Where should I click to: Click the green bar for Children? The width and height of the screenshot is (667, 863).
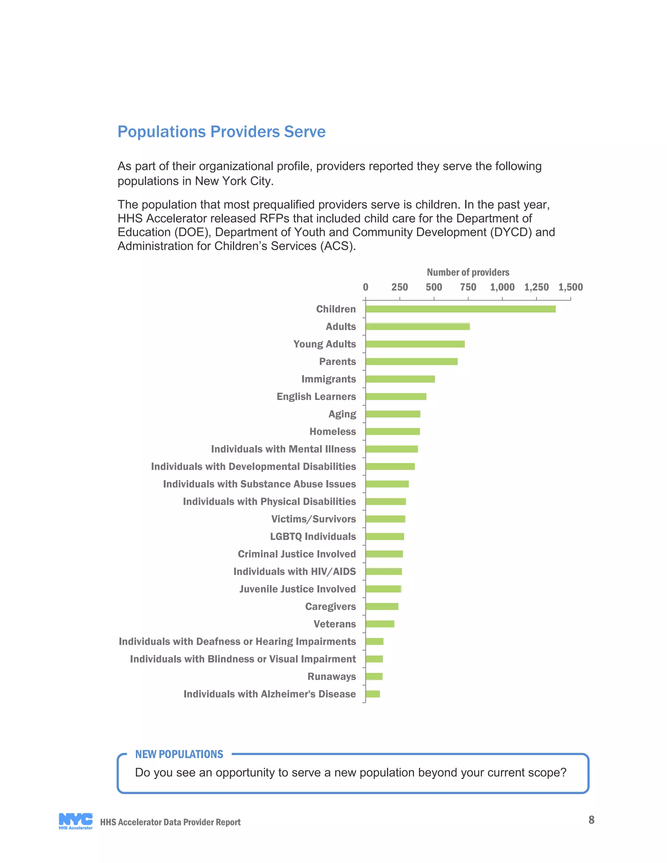point(460,309)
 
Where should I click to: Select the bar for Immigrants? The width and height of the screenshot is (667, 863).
point(400,379)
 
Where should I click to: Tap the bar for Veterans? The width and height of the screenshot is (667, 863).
point(380,624)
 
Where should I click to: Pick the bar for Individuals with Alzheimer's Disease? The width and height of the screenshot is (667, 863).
point(373,694)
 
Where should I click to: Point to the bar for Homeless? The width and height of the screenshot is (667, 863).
point(392,431)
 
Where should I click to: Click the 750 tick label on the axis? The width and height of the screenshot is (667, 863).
point(468,287)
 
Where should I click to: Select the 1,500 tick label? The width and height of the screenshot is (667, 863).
point(570,287)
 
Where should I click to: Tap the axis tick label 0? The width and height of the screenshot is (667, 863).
point(365,287)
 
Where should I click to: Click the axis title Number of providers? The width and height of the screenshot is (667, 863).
point(468,272)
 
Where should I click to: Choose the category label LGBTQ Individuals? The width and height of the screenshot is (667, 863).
point(313,536)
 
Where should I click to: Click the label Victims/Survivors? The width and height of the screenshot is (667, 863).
point(313,519)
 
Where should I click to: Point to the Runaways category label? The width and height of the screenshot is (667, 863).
point(331,676)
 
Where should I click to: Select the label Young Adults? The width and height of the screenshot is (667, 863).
point(324,344)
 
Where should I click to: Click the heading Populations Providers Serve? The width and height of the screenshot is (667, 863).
point(221,132)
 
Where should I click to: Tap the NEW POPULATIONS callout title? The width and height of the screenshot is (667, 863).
point(179,754)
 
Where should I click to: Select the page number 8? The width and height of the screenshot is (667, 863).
point(591,820)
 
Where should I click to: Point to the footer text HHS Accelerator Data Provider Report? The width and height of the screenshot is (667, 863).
point(170,822)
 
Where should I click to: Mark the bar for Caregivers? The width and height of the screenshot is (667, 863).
point(382,607)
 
